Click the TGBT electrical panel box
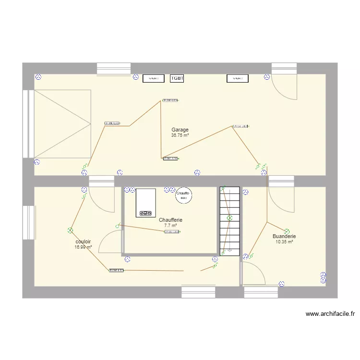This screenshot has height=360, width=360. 177,78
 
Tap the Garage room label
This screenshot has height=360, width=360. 180,130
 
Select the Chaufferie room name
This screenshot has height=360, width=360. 170,220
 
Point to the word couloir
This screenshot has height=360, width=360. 84,242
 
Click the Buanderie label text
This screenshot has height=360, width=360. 284,236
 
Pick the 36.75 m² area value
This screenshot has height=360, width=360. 180,135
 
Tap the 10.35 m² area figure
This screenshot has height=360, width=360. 284,242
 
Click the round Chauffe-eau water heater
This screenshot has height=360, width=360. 183,194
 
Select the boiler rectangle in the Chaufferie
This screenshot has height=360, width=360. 146,203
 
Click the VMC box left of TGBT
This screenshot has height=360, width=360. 154,78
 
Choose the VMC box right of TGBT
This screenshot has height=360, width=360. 238,78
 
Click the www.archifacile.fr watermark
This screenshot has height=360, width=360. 330,314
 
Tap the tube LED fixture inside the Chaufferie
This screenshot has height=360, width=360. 172,232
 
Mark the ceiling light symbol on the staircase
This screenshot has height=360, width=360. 229,218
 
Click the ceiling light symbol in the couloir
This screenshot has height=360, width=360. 70,230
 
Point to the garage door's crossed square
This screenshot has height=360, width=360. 62,124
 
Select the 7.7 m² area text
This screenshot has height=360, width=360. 170,226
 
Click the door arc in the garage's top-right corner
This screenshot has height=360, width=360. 283,86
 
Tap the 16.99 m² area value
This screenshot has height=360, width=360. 84,247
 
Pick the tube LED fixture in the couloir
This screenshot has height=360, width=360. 116,270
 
